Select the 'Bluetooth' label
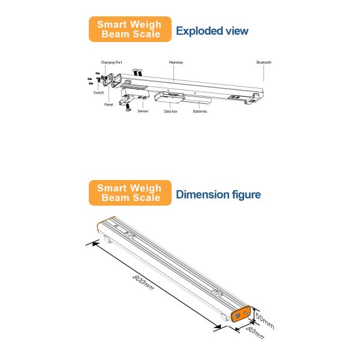[264, 62]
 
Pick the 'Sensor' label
[143, 111]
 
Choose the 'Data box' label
[171, 111]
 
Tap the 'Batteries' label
[200, 111]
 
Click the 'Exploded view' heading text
[212, 31]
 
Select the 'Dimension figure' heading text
[218, 194]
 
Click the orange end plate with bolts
[242, 316]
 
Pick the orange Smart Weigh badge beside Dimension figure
[130, 193]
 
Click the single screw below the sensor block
[127, 110]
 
